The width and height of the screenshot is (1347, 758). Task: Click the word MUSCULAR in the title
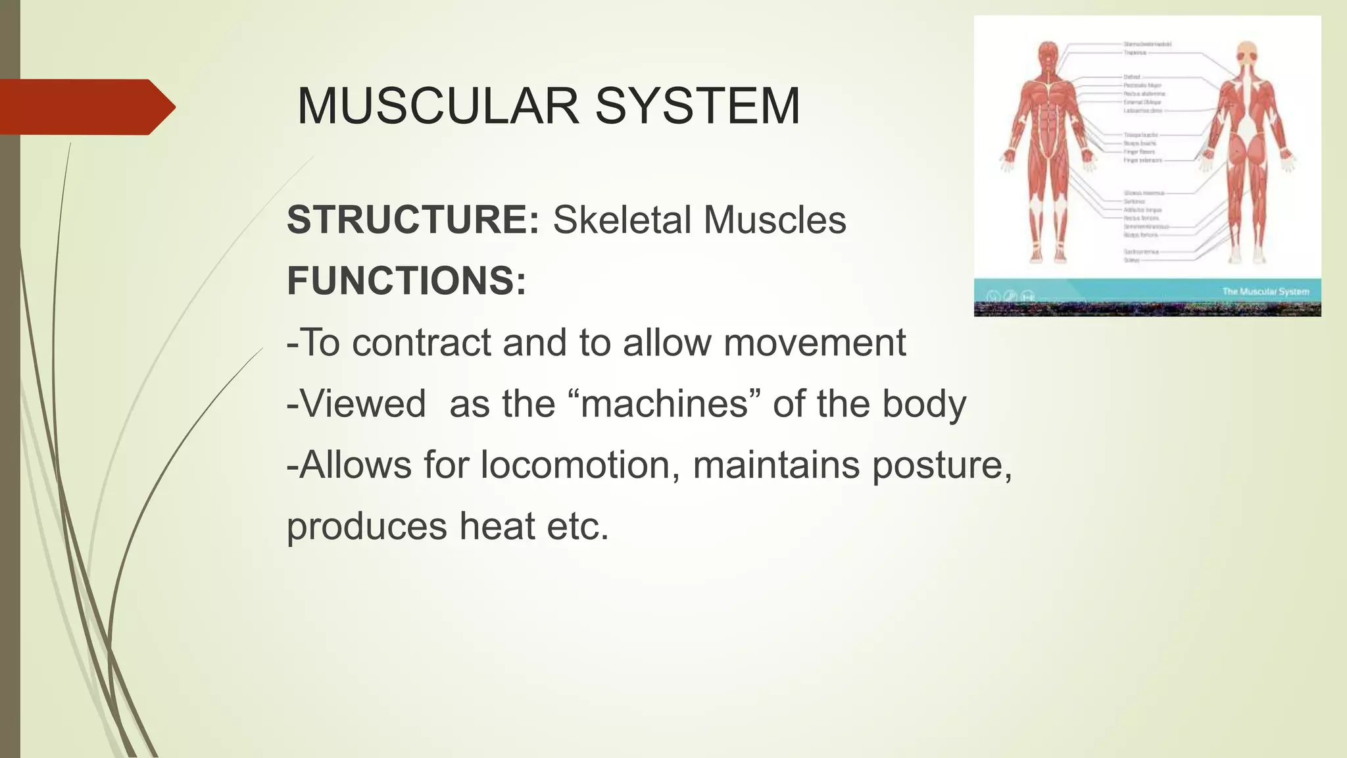tap(438, 106)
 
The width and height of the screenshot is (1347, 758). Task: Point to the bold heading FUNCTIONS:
tap(406, 281)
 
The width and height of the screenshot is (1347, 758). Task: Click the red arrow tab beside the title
tap(86, 107)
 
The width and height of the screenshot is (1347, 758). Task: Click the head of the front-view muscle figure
tap(1048, 52)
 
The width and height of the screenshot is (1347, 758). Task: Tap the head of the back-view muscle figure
tap(1246, 51)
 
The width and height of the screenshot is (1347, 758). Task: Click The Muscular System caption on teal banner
tap(1265, 291)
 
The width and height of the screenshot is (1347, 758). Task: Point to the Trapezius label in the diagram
tap(1135, 53)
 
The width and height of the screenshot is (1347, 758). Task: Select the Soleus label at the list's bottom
tap(1131, 260)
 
